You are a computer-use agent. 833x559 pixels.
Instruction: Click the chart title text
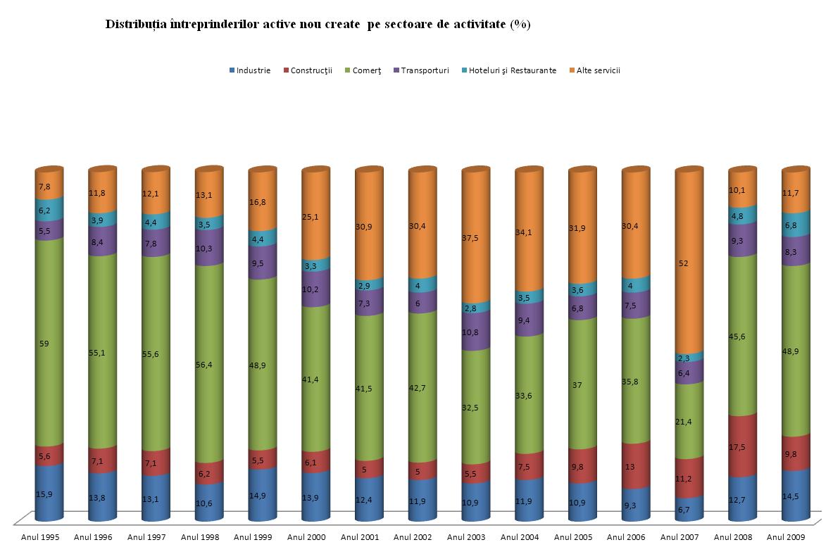click(x=318, y=25)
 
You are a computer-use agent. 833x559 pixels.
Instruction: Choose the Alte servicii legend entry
click(x=598, y=70)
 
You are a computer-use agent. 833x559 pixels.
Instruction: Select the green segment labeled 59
click(x=49, y=343)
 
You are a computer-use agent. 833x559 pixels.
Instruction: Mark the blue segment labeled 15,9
click(x=49, y=494)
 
